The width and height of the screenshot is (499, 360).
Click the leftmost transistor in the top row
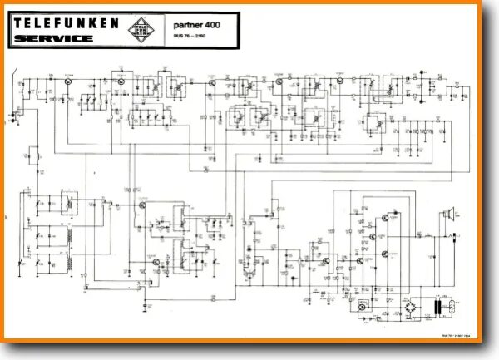(x=66, y=81)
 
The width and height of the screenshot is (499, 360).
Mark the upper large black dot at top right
(x=422, y=77)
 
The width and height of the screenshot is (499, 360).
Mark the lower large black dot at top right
(x=422, y=89)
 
